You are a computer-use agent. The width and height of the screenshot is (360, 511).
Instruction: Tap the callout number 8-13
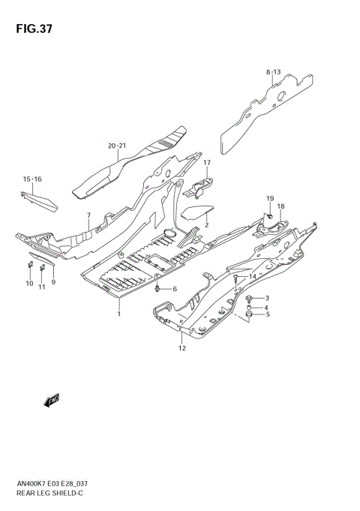point(272,72)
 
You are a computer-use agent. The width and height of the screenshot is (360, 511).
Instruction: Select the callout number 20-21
point(117,146)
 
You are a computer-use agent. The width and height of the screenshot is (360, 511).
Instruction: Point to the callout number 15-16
point(32,179)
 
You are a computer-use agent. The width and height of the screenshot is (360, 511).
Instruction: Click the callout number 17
point(207,163)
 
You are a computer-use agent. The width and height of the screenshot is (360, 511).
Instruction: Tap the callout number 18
point(280,206)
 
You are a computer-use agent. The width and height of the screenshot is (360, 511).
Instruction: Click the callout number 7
point(88,216)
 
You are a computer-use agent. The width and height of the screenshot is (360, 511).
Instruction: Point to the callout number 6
point(175,289)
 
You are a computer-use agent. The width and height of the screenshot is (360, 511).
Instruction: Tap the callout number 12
point(181,348)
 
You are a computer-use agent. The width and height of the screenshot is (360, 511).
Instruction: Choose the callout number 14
point(253,278)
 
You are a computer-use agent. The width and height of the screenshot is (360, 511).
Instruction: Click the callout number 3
point(266,298)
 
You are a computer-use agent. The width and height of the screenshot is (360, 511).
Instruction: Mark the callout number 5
point(266,314)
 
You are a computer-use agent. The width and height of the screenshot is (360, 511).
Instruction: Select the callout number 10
point(30,284)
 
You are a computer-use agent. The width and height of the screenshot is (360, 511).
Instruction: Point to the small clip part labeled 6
point(156,289)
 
